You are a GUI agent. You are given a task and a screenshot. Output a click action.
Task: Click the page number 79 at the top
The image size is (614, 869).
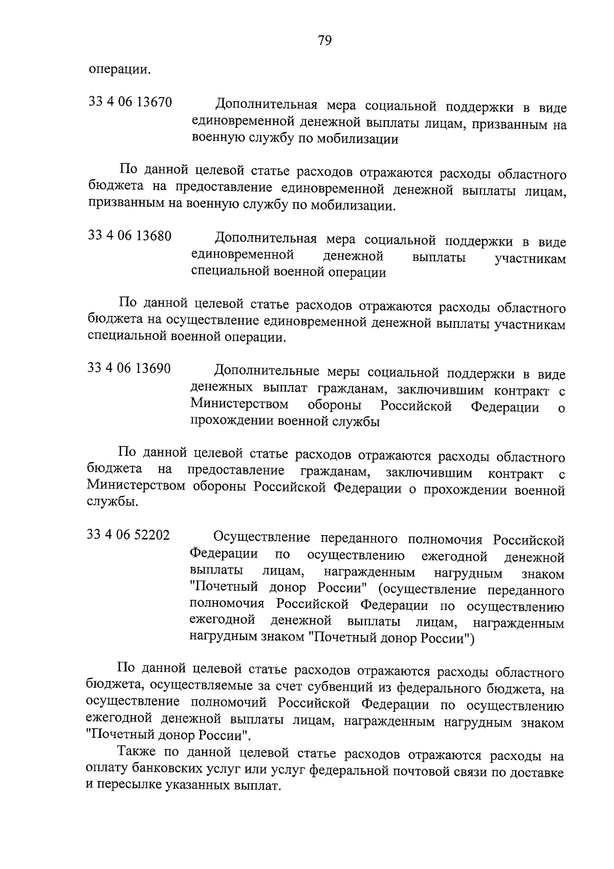[324, 40]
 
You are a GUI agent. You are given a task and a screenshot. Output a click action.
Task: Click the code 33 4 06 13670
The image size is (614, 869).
[130, 102]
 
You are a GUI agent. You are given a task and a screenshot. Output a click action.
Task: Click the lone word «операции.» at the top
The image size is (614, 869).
[120, 70]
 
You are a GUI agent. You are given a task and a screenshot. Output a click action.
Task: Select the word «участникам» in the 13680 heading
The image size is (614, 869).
[530, 259]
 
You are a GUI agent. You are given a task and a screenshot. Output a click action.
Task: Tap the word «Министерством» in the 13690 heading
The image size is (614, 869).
[239, 405]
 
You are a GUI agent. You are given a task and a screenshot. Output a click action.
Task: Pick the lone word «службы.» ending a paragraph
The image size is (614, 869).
[112, 502]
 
